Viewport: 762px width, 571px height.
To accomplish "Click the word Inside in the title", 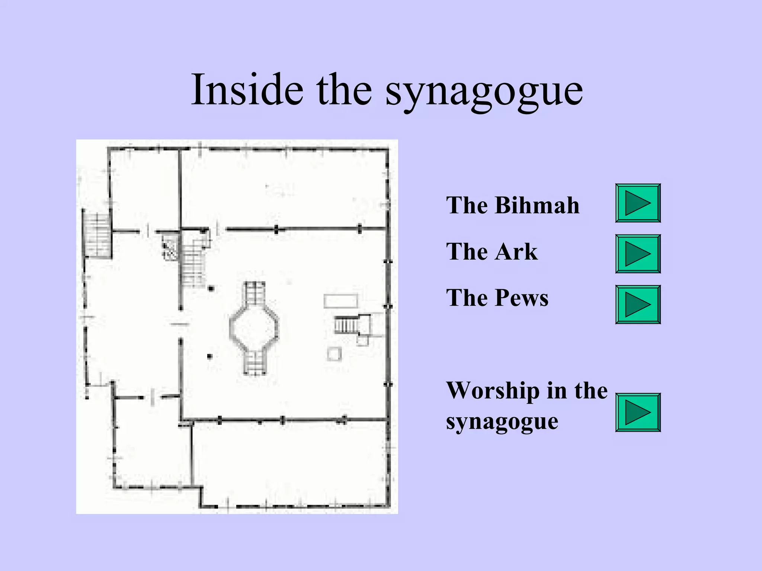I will pyautogui.click(x=247, y=90).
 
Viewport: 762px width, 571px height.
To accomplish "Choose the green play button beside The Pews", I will pyautogui.click(x=638, y=304).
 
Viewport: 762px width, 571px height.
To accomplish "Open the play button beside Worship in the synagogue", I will pyautogui.click(x=638, y=412).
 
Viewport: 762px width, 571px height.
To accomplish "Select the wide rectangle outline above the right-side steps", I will pyautogui.click(x=340, y=301).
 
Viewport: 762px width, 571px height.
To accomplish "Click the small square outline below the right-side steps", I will pyautogui.click(x=334, y=354).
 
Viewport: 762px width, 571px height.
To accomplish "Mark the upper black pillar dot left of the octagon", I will pyautogui.click(x=211, y=288).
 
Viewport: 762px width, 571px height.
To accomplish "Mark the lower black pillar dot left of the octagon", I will pyautogui.click(x=209, y=357).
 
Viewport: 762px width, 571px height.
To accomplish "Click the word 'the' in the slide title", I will pyautogui.click(x=344, y=90).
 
